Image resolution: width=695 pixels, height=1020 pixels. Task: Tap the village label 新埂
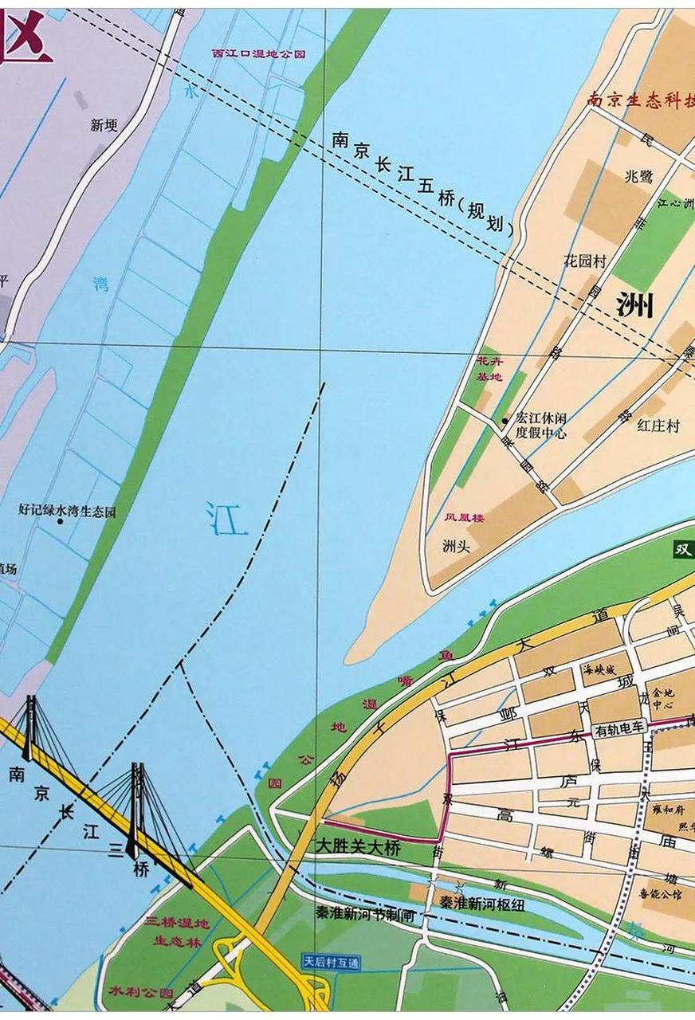click(104, 125)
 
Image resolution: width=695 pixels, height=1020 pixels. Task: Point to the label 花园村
click(584, 261)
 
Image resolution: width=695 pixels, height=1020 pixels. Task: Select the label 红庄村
click(658, 426)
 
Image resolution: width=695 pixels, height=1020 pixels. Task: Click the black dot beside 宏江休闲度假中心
click(505, 421)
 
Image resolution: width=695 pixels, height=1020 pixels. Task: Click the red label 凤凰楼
click(465, 517)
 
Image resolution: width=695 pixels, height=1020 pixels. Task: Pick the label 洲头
click(457, 546)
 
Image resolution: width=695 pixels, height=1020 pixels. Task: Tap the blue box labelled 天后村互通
click(331, 963)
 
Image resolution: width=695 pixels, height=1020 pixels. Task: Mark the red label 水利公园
click(141, 994)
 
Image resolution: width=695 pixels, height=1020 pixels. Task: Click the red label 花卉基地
click(488, 369)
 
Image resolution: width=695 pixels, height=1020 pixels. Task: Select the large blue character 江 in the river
click(226, 518)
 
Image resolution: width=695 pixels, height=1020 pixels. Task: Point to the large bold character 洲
click(635, 304)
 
